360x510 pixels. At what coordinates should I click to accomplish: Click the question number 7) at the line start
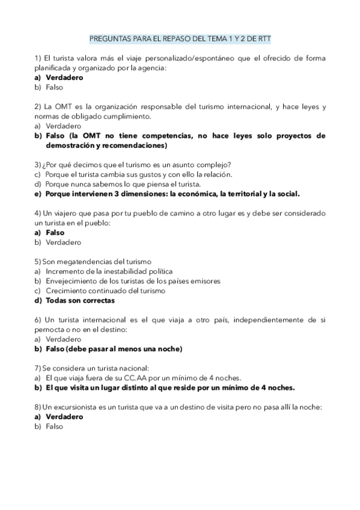(37, 368)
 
